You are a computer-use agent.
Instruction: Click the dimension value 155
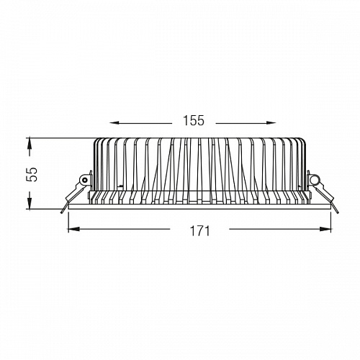coord(194,120)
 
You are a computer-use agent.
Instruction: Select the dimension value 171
coord(199,230)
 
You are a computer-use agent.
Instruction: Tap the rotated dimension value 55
coord(32,174)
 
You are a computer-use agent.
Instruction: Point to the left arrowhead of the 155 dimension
coord(114,123)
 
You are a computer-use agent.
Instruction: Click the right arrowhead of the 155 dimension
coord(271,123)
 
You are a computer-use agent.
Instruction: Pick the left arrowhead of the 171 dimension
coord(73,229)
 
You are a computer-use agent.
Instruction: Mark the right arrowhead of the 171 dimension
coord(326,229)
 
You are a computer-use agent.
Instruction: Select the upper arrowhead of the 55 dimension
coord(30,143)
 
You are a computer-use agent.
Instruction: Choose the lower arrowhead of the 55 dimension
coord(30,204)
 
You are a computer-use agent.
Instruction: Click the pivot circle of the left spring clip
coord(84,180)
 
